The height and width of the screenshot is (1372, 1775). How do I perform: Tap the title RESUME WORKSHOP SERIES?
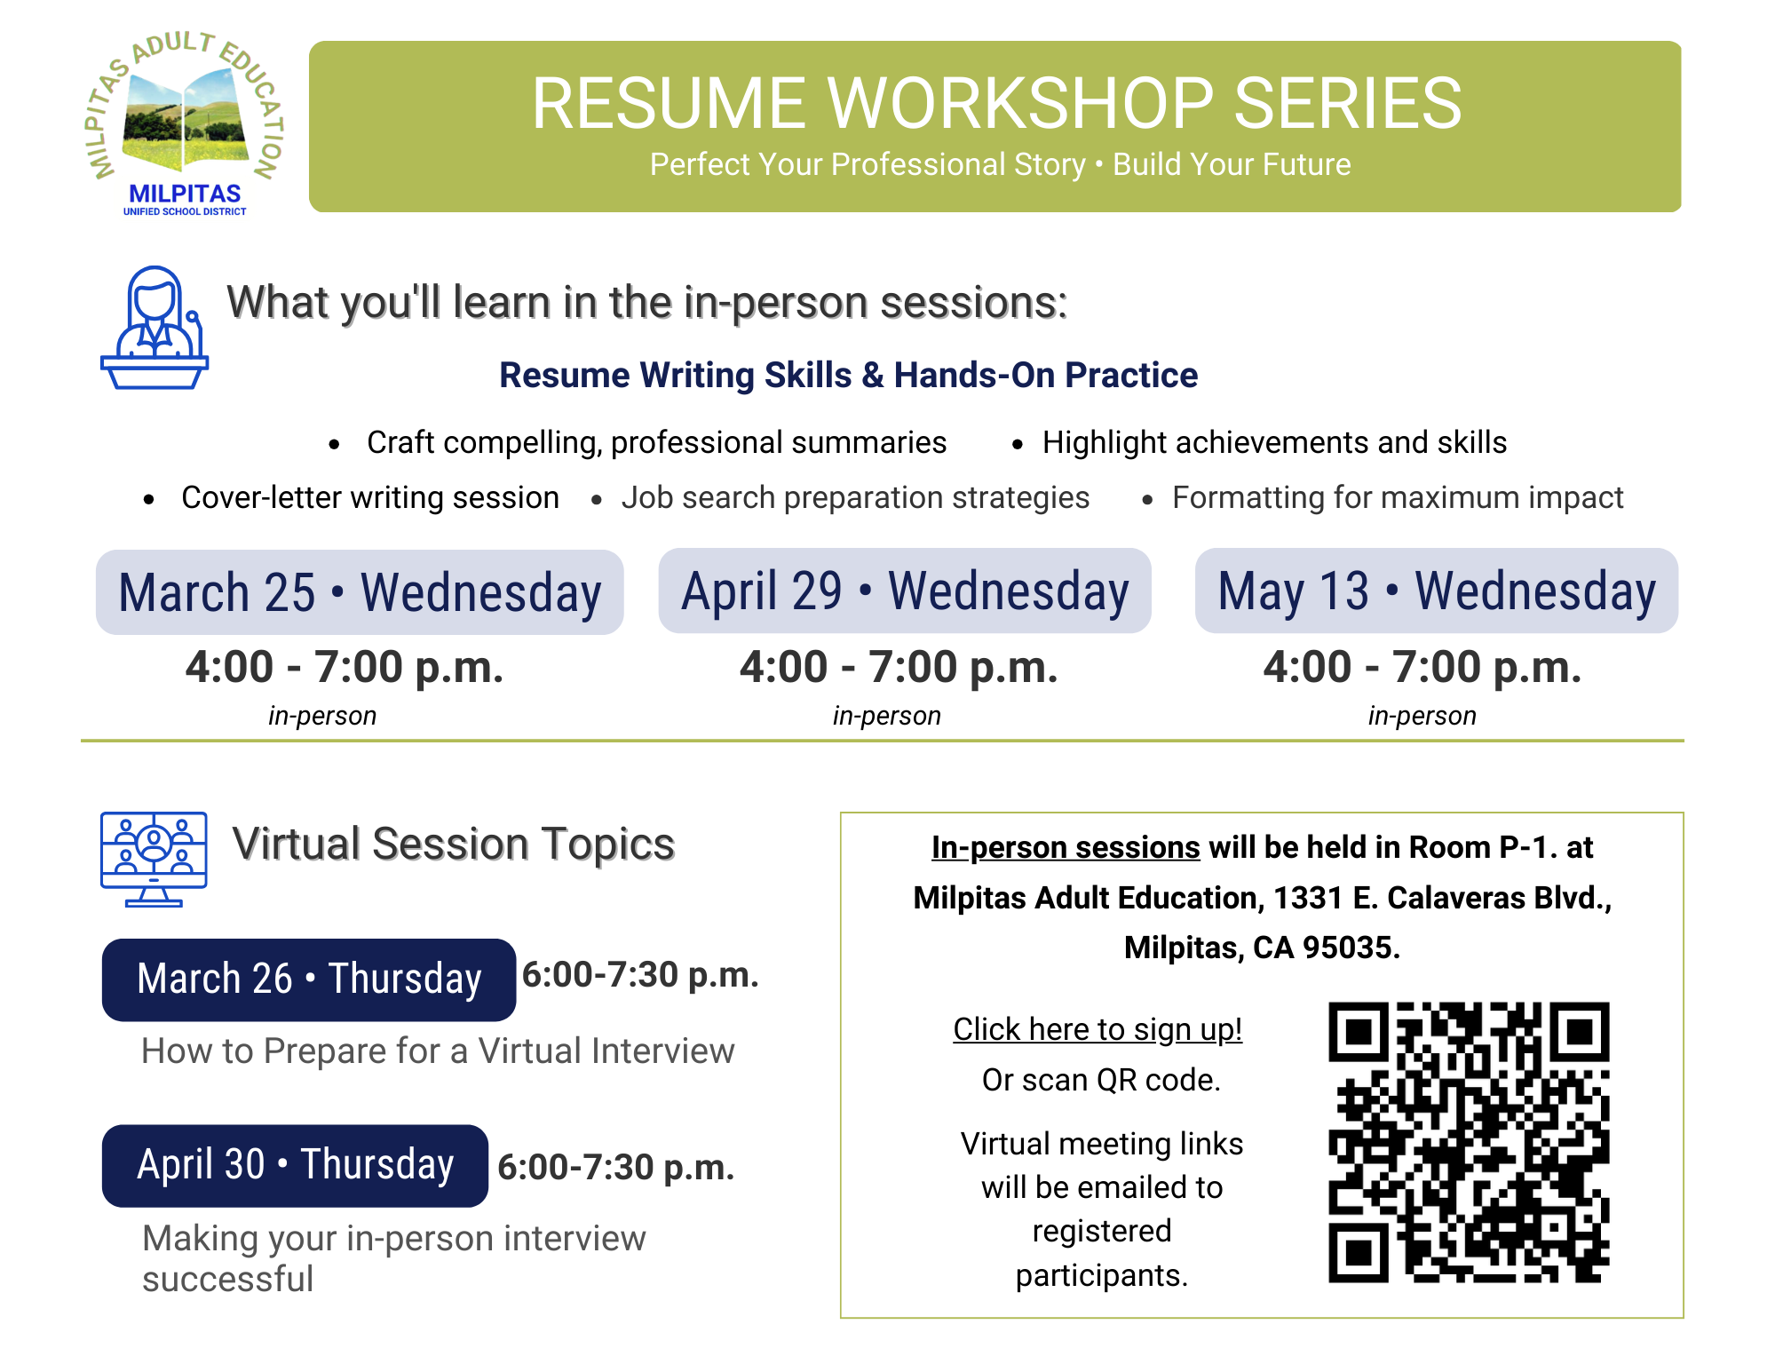point(996,103)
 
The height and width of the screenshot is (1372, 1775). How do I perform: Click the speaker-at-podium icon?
point(155,328)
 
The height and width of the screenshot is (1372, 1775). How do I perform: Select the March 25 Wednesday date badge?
point(360,592)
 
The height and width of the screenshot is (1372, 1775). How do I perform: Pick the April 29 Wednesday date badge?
point(905,591)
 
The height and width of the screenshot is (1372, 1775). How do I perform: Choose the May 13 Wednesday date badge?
point(1437,591)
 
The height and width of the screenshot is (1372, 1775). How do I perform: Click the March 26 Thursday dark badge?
point(309,979)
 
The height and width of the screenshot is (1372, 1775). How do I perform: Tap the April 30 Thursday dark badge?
point(295,1166)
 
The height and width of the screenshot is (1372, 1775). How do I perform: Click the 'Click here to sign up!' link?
point(1097,1029)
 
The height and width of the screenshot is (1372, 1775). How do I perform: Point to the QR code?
point(1469,1142)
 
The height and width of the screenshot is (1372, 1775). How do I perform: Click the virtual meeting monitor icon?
point(155,859)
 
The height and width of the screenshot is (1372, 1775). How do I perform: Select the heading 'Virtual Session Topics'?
point(454,845)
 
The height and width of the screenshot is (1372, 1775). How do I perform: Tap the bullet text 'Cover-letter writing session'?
point(370,497)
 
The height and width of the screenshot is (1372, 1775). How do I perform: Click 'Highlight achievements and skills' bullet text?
point(1274,442)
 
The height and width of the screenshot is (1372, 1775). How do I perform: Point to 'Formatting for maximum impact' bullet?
point(1398,497)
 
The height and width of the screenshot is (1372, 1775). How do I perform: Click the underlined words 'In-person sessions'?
point(1066,848)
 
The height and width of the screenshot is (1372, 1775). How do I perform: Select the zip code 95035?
point(1351,948)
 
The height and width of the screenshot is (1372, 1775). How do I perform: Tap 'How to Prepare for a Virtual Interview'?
point(438,1051)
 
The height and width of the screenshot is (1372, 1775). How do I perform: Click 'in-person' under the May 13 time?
point(1422,716)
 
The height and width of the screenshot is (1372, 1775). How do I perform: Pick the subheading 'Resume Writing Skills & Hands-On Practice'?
point(848,375)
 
